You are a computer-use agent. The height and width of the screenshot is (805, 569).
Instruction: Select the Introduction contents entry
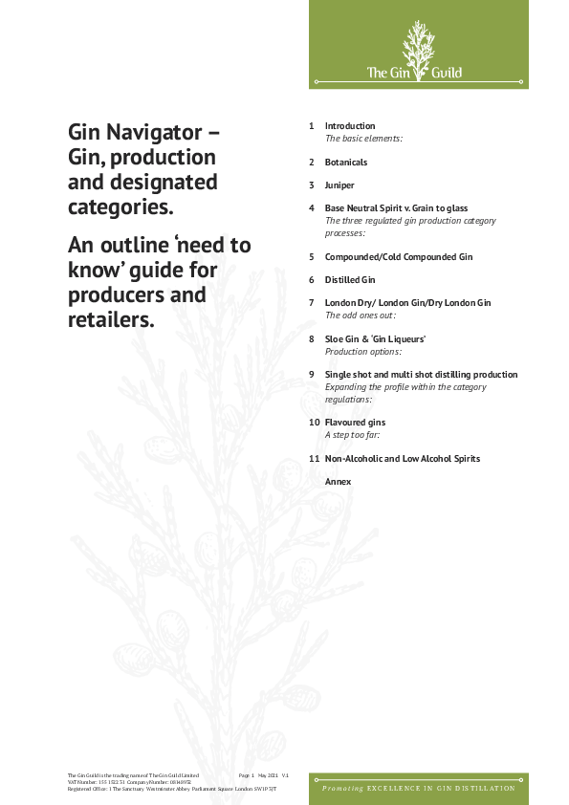350,126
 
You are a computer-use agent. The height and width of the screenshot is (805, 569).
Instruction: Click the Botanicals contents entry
346,163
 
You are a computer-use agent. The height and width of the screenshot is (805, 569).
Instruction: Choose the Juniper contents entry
339,185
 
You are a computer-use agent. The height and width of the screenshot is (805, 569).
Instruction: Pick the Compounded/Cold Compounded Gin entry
399,257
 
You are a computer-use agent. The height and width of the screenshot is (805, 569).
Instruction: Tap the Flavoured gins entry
355,422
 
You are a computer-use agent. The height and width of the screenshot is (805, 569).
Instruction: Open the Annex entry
338,482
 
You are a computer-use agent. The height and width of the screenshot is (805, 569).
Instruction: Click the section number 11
314,459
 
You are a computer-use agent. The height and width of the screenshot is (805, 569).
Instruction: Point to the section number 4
312,207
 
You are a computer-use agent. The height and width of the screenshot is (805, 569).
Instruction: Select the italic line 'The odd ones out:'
361,315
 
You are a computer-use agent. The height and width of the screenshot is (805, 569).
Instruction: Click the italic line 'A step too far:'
353,434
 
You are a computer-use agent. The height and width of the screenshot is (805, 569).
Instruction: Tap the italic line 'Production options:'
362,351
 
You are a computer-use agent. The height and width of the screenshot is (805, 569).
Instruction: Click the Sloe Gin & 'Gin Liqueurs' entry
375,338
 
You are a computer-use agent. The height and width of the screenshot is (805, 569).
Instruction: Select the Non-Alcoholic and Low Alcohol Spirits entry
403,459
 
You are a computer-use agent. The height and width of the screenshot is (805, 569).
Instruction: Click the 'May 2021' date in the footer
268,774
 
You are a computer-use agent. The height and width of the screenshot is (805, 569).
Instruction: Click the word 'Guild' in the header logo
447,73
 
